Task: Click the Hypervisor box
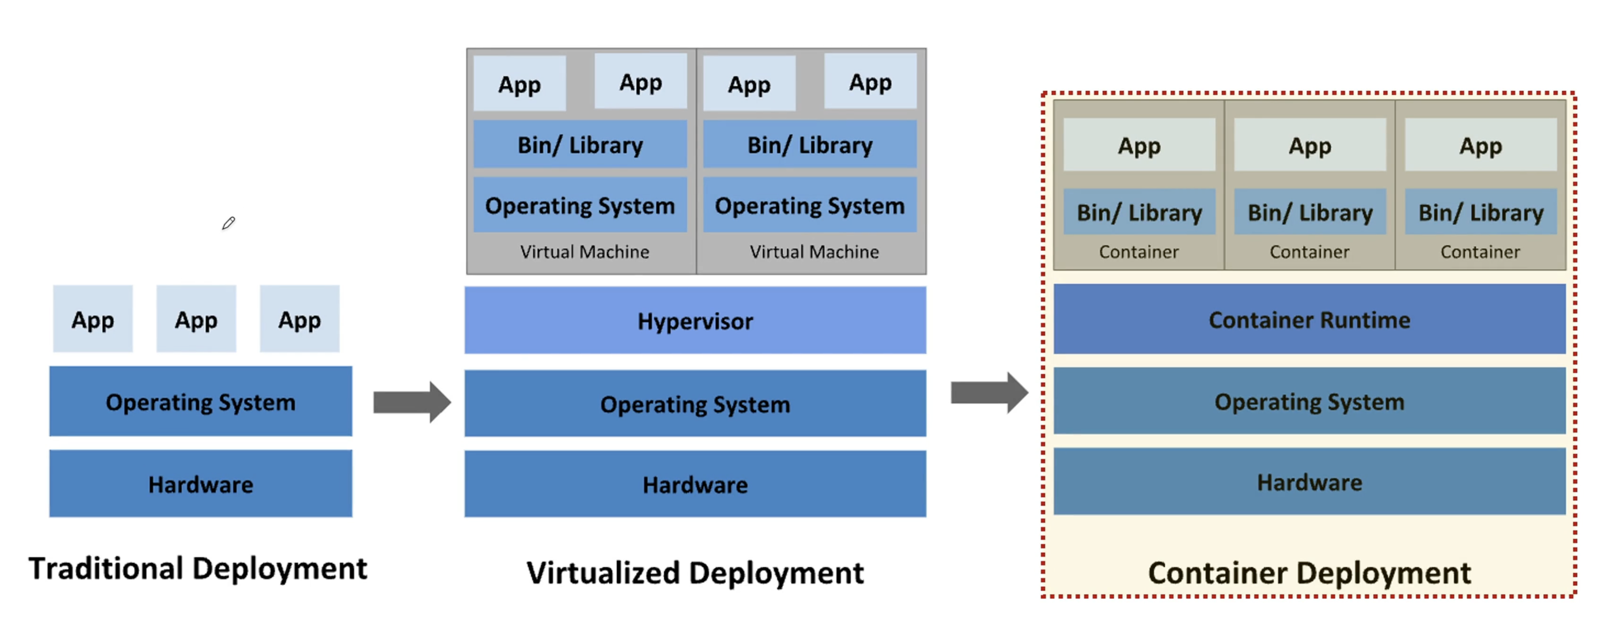(x=695, y=320)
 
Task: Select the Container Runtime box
(x=1309, y=320)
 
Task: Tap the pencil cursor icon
(x=228, y=223)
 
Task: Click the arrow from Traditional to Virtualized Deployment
(x=412, y=402)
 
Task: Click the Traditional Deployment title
(x=197, y=569)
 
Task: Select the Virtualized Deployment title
(x=695, y=573)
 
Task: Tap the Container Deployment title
(x=1309, y=573)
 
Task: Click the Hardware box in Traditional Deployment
(x=201, y=484)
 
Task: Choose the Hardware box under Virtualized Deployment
(x=695, y=484)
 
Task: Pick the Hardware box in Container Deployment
(x=1309, y=482)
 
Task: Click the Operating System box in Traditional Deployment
(x=201, y=402)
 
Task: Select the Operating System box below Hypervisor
(x=695, y=404)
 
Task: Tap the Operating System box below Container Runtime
(x=1309, y=402)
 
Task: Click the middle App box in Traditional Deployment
(x=196, y=320)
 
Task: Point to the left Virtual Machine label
(x=584, y=252)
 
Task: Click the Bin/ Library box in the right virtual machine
(x=810, y=145)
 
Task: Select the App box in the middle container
(x=1310, y=145)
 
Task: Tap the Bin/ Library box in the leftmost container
(x=1139, y=213)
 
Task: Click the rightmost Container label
(x=1480, y=252)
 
